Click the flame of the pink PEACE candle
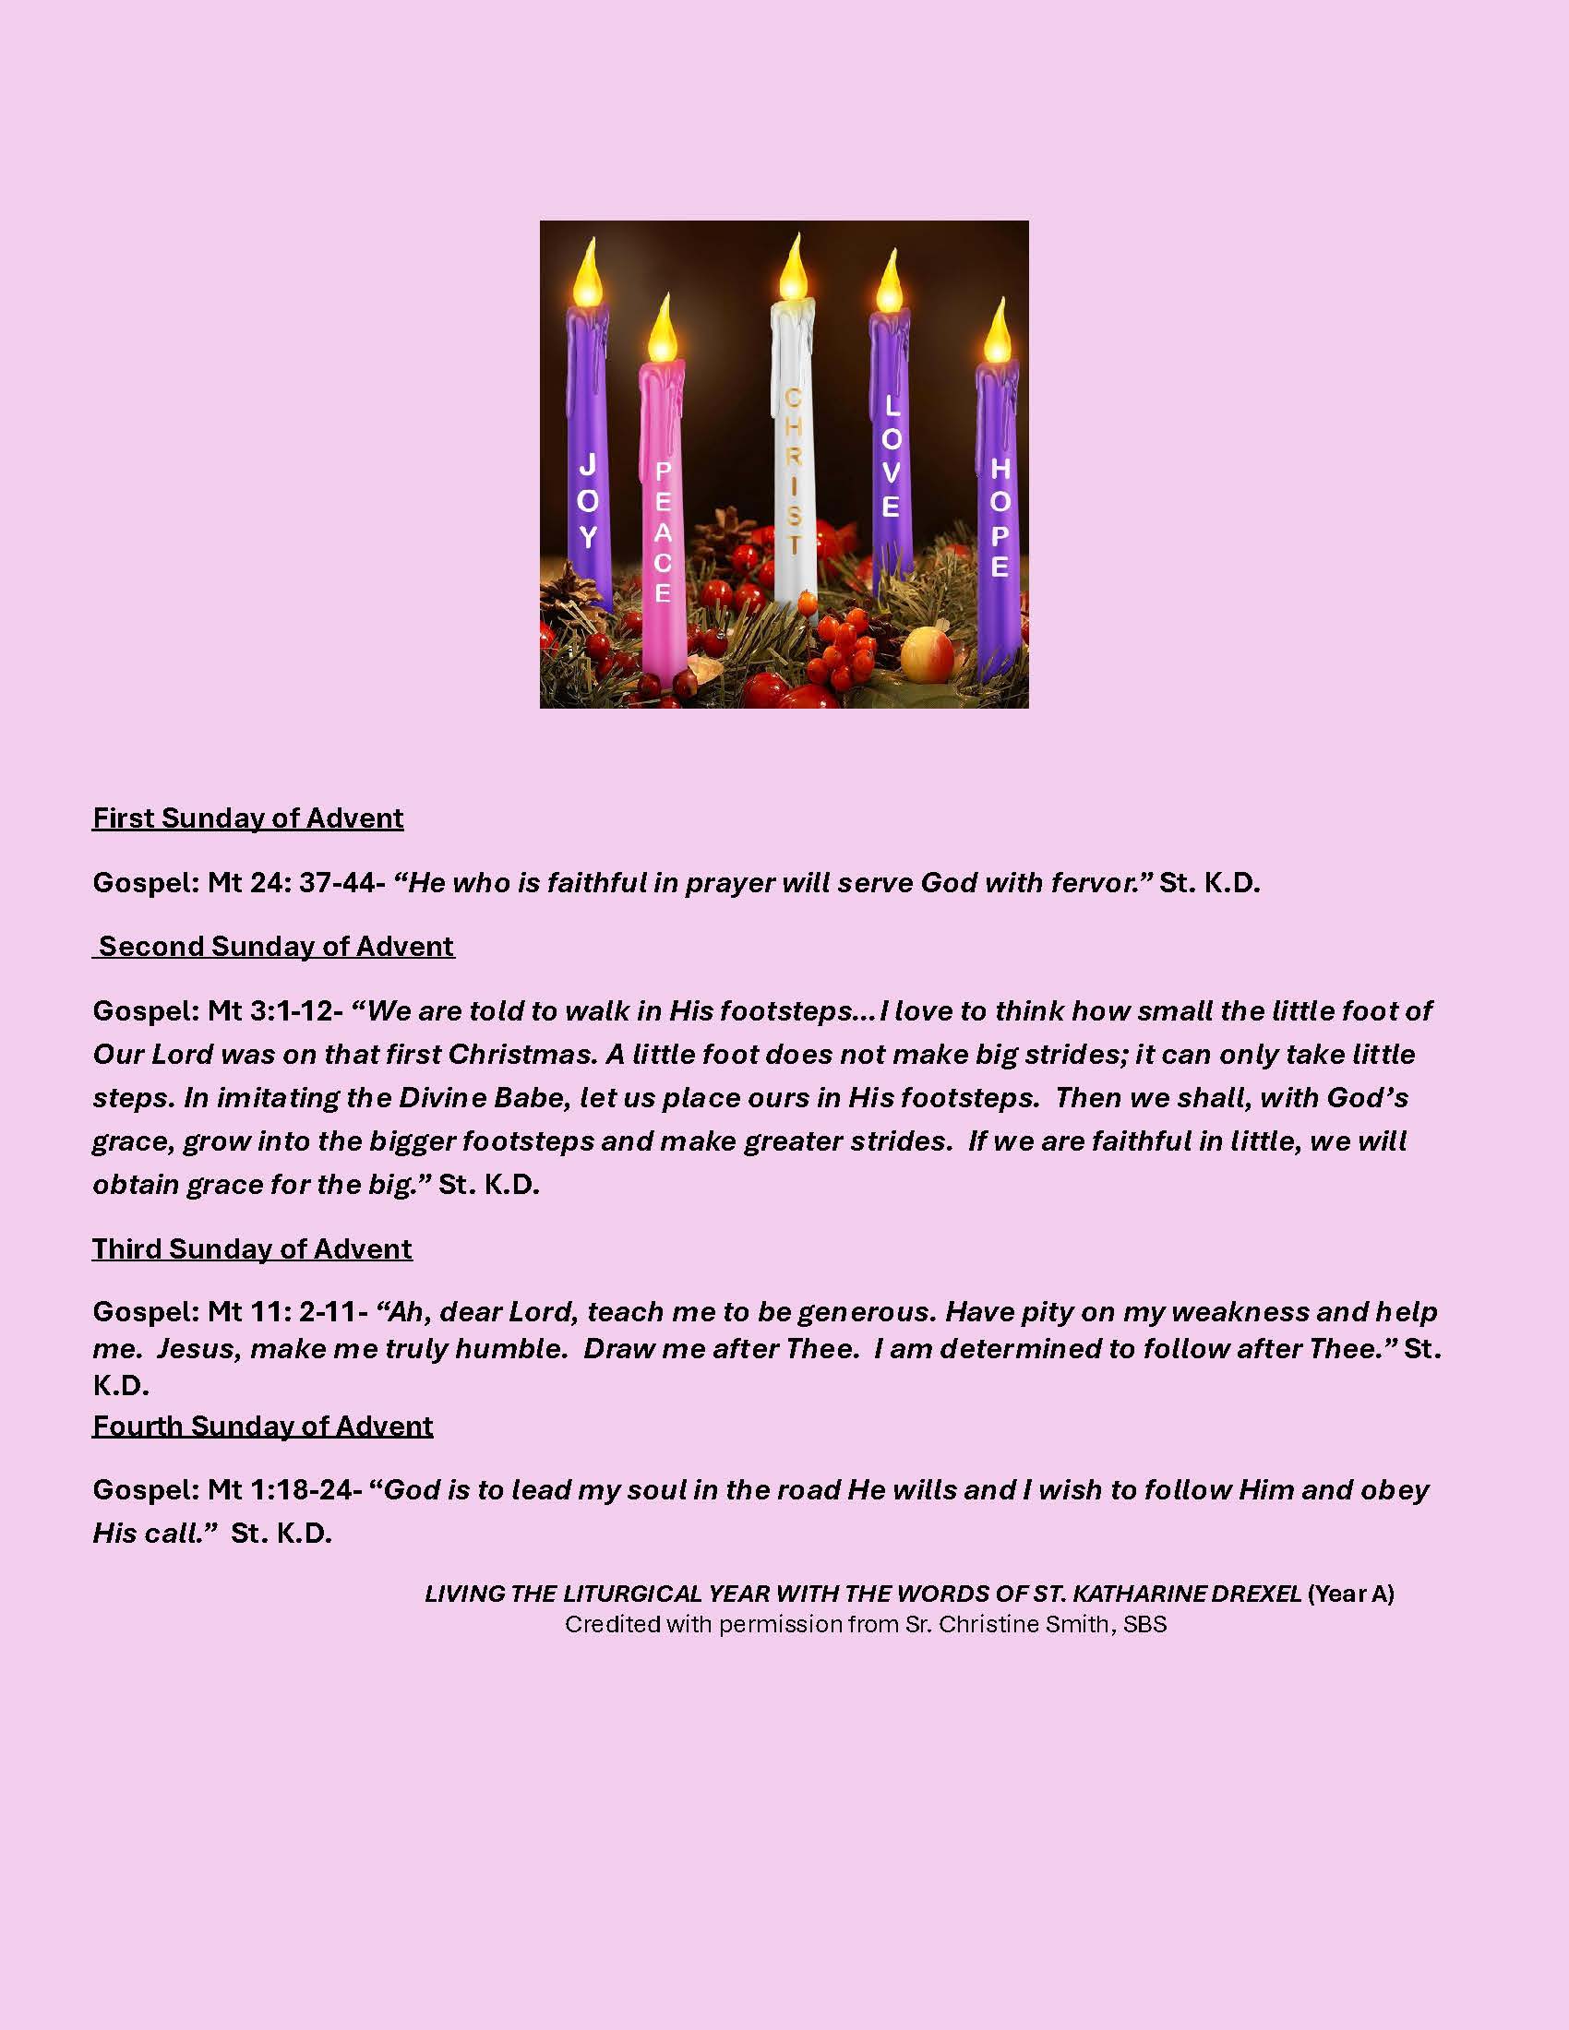point(662,334)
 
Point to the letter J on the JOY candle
point(587,465)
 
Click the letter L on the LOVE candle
point(892,406)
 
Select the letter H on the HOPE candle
point(1000,470)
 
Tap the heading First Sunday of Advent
point(248,818)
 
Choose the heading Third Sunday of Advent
point(252,1248)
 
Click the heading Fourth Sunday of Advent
point(263,1426)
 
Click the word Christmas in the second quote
point(520,1054)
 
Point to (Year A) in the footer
point(1350,1594)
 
